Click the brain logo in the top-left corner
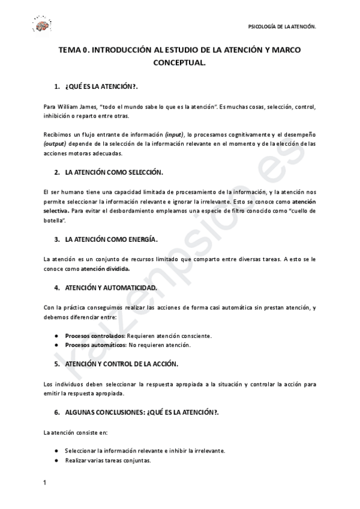point(42,25)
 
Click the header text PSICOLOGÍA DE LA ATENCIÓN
point(282,27)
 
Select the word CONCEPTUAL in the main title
point(180,62)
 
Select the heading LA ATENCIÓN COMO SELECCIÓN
point(114,172)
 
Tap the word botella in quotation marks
point(54,221)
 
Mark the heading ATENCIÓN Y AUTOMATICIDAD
point(111,288)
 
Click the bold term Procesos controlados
point(95,336)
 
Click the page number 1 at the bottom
point(45,483)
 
